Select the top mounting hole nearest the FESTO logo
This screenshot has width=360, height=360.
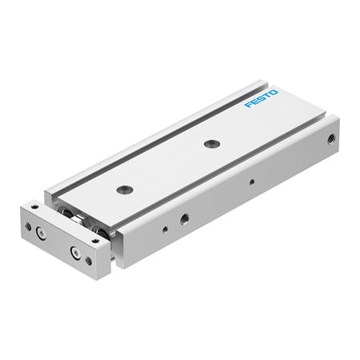(211, 144)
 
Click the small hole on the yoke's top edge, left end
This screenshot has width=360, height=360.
(35, 207)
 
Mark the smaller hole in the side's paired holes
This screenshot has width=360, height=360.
(165, 230)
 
